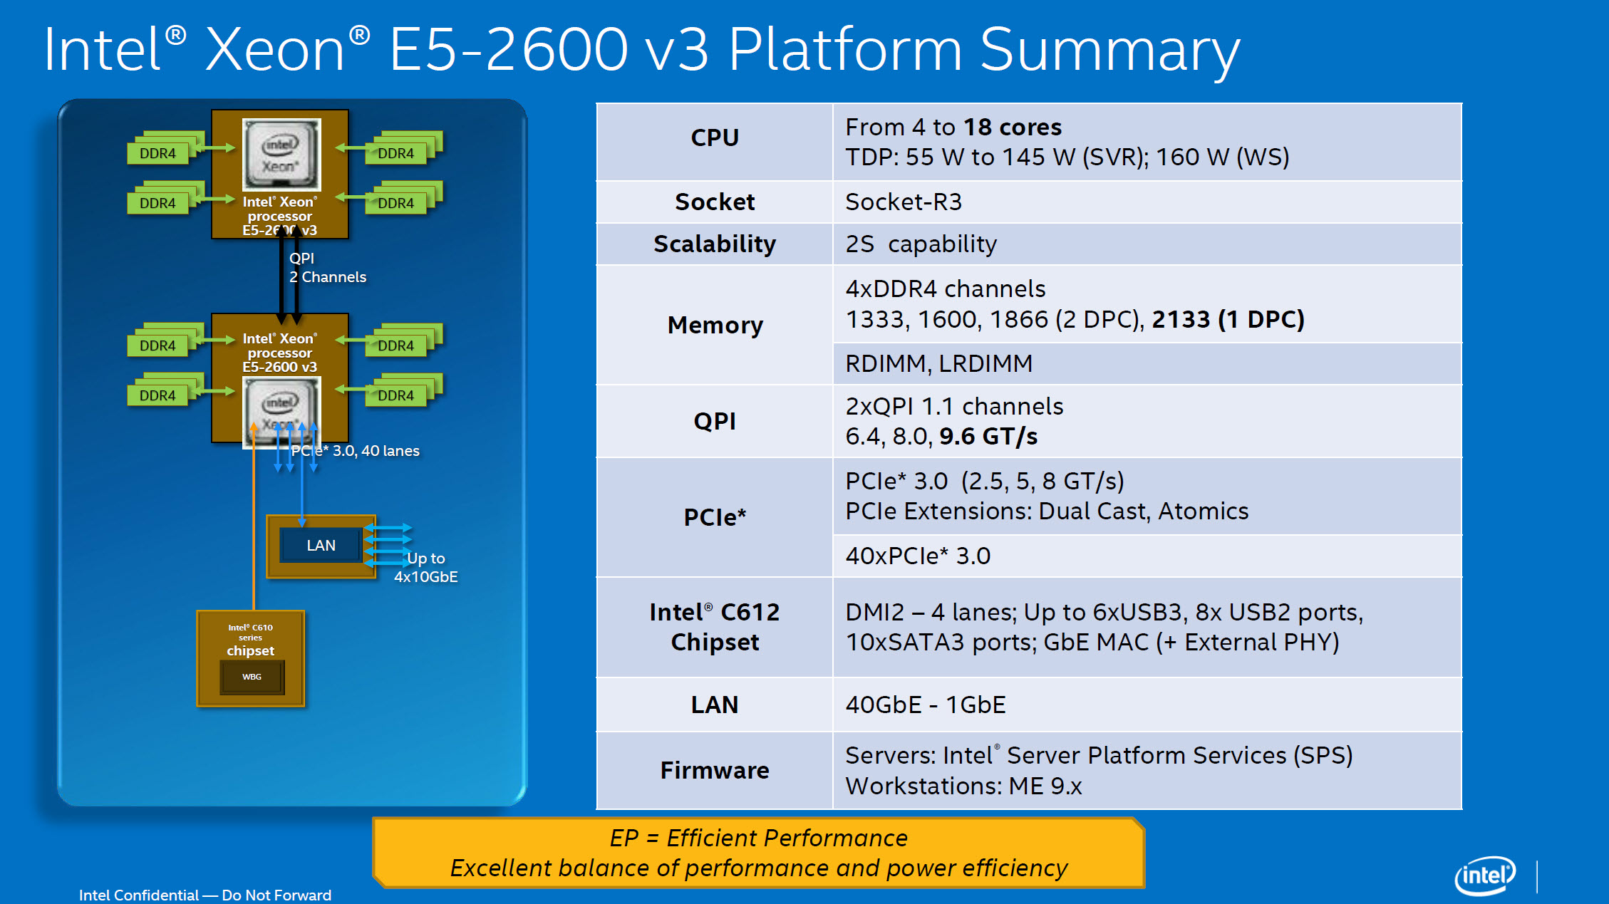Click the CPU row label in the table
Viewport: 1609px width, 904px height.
715,137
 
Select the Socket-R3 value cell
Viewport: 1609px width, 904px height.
904,202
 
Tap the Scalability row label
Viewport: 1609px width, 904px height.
715,244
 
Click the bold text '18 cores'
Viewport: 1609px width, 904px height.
1013,128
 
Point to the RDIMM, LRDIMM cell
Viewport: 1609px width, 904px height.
938,364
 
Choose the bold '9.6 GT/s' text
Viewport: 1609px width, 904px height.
988,437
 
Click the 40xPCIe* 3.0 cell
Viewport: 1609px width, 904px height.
918,556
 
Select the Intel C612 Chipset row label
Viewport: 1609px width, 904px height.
715,627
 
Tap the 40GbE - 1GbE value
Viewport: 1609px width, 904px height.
925,705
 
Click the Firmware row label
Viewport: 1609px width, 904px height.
715,771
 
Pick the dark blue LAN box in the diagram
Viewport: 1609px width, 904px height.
321,546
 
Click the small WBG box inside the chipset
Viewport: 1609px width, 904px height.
252,677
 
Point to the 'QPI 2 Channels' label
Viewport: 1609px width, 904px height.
327,268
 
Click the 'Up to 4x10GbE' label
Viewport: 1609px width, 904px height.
426,568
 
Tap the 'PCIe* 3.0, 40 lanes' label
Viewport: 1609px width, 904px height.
356,451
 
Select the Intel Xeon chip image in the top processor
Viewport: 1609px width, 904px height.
281,155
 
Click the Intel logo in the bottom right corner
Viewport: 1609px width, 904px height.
1485,876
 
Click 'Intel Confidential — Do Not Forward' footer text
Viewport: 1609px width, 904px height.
205,895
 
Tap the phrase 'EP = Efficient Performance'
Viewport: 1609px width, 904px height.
758,838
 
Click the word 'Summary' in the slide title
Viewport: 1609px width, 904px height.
1109,51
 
